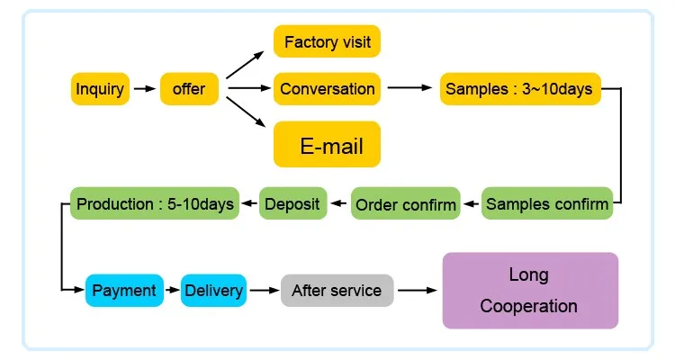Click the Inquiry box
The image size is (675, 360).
pyautogui.click(x=100, y=89)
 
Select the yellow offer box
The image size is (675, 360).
pyautogui.click(x=189, y=89)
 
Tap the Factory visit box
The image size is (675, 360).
pyautogui.click(x=328, y=42)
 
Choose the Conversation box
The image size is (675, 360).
pyautogui.click(x=328, y=89)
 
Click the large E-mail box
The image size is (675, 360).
pyautogui.click(x=328, y=145)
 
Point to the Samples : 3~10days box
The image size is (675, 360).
pyautogui.click(x=519, y=89)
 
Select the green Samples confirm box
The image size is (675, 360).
pyautogui.click(x=547, y=204)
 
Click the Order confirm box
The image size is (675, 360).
pyautogui.click(x=406, y=204)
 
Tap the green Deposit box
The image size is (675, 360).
pyautogui.click(x=292, y=204)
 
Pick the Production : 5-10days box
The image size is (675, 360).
pyautogui.click(x=156, y=204)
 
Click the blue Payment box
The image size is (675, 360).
pyautogui.click(x=124, y=291)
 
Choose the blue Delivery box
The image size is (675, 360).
pyautogui.click(x=213, y=291)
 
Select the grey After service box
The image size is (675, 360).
pyautogui.click(x=337, y=291)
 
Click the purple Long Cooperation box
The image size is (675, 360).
pyautogui.click(x=530, y=291)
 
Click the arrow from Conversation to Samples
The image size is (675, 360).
pyautogui.click(x=409, y=88)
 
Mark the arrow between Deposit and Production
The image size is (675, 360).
pyautogui.click(x=248, y=204)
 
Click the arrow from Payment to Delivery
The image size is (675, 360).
pyautogui.click(x=172, y=291)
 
